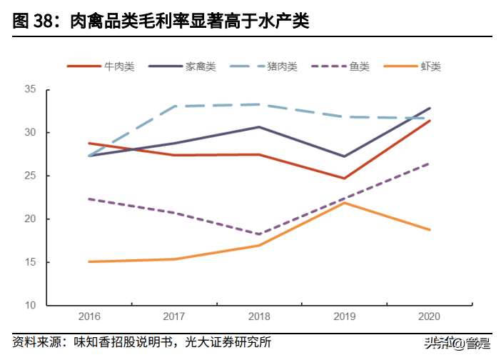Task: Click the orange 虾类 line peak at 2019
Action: click(344, 203)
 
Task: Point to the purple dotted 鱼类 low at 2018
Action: click(258, 234)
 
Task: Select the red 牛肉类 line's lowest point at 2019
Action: click(344, 179)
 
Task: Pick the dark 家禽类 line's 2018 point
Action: click(258, 127)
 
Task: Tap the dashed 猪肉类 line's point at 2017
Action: click(173, 106)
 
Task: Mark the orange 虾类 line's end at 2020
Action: click(429, 229)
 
